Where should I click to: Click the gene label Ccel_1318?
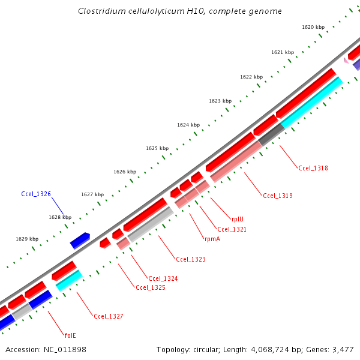313,168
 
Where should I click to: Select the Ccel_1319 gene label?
278,195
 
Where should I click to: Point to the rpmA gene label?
212,238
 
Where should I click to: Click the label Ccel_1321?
232,229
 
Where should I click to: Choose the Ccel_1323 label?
191,259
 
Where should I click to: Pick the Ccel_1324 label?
163,278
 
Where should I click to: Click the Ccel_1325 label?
151,287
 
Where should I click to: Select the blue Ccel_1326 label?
36,194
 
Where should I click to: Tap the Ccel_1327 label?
109,316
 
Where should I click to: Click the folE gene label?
70,335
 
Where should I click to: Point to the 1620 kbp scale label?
313,27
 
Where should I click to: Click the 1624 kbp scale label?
188,125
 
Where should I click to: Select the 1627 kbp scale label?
92,194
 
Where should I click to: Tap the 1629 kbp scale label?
26,239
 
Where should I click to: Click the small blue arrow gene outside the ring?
80,241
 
